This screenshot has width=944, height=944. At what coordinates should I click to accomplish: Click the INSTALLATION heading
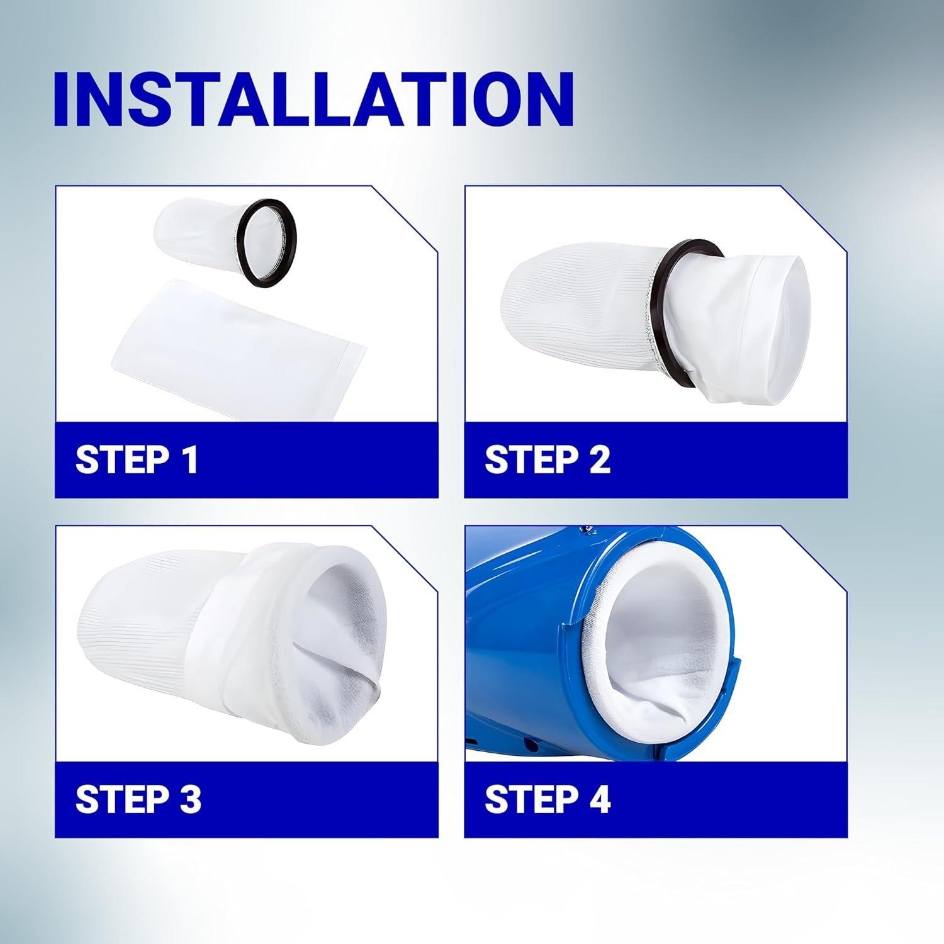tap(313, 99)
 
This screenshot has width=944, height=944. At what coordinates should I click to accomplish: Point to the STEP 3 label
tap(138, 799)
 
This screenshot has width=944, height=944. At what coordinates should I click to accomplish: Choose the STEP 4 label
tap(547, 799)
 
